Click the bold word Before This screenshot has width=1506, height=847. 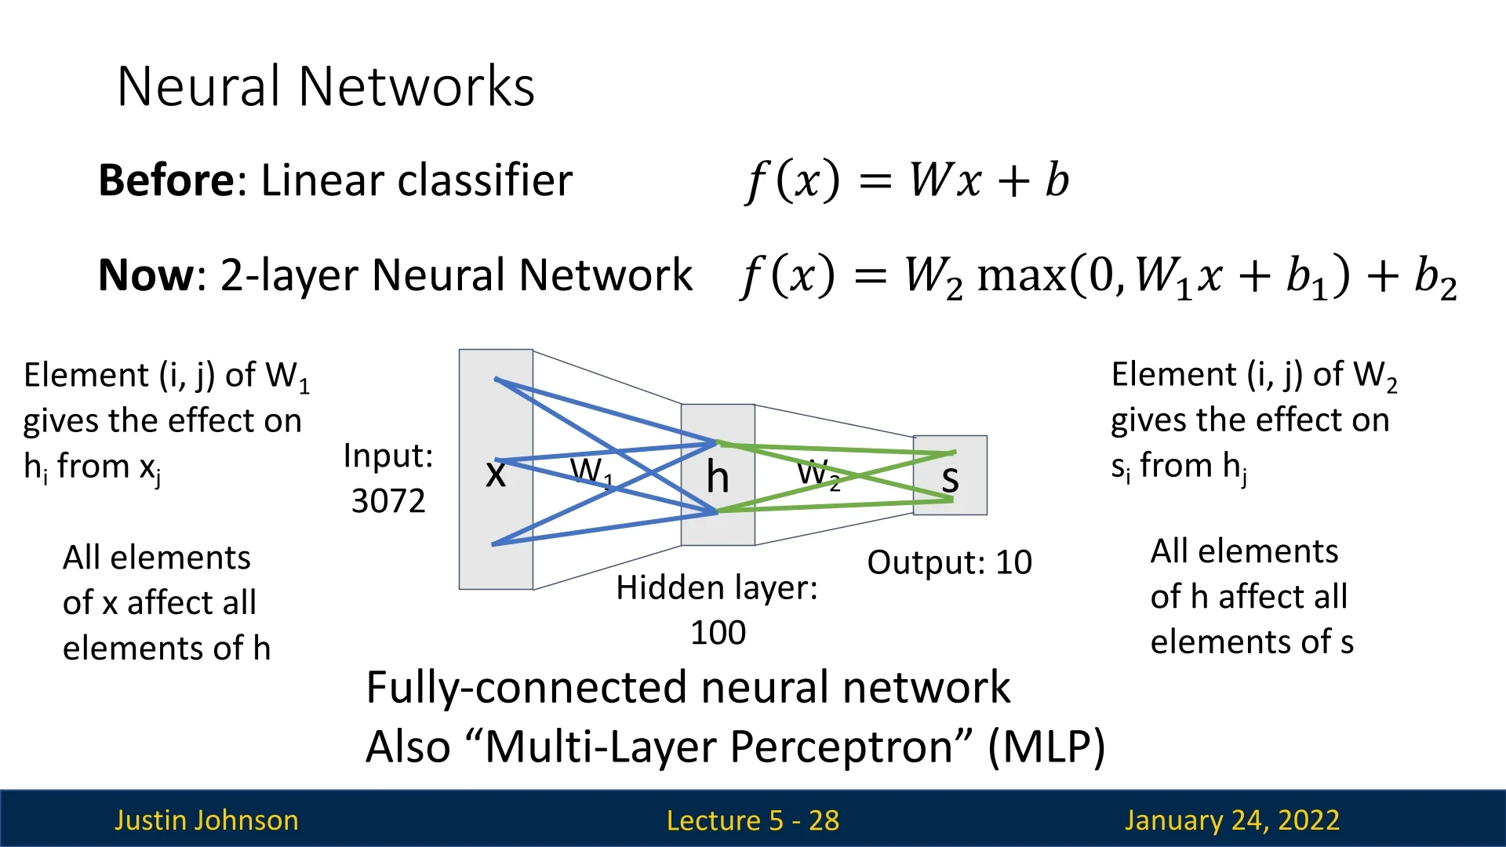pos(166,180)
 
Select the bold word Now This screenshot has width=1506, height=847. pos(146,275)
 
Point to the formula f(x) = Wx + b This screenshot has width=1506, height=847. pos(907,180)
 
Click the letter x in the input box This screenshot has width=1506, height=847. pos(496,473)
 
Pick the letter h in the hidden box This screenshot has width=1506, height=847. pos(717,476)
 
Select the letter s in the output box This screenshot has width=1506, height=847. pos(950,478)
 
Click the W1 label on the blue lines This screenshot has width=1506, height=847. pos(591,472)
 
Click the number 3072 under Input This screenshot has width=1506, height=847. pos(388,501)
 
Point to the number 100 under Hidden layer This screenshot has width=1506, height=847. pos(718,633)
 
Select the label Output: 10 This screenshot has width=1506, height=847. pos(949,562)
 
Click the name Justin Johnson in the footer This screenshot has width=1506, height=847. pos(206,820)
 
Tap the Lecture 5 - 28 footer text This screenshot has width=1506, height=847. pos(752,820)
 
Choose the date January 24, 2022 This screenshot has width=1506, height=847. pos(1231,820)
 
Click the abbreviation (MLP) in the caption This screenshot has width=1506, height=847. pos(1046,746)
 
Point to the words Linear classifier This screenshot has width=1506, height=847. pos(417,180)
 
